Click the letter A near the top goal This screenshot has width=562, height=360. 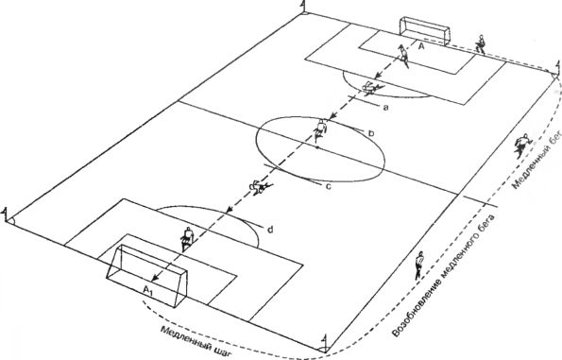pos(421,46)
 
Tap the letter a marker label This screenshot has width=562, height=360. pos(385,107)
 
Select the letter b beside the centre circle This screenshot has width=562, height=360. pos(371,132)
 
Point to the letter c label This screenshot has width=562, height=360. pos(328,186)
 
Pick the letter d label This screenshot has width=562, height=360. pos(270,229)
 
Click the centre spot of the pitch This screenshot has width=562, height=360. pos(316,147)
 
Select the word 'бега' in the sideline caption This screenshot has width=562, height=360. pos(486,226)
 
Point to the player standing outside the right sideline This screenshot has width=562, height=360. pos(418,266)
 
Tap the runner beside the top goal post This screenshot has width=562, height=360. pos(480,44)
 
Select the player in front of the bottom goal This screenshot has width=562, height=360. pos(187,238)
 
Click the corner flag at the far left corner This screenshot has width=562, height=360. pos(6,214)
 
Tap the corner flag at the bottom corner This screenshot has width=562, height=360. pos(324,342)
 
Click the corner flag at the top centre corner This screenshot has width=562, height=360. pos(304,7)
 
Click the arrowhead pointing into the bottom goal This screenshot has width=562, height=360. pos(155,278)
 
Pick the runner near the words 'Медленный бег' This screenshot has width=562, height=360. pos(521,145)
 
